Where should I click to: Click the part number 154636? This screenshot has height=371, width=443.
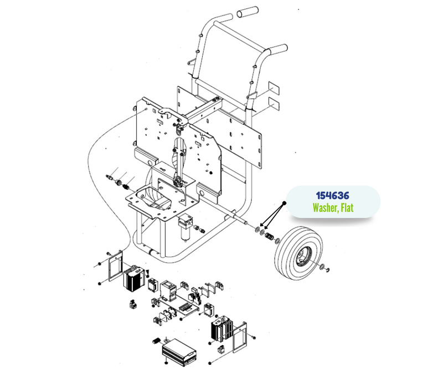[x=333, y=195]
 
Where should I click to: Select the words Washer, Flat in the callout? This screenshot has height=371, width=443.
[x=333, y=208]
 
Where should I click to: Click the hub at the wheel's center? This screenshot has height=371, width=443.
[x=303, y=256]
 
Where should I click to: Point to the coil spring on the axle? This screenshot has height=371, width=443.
[x=269, y=236]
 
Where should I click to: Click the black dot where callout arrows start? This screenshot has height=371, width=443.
[x=285, y=203]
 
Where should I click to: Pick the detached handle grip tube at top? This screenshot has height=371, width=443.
[x=248, y=12]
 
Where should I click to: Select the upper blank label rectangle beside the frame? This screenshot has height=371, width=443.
[x=274, y=88]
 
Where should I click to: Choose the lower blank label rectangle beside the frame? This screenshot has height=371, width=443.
[x=274, y=103]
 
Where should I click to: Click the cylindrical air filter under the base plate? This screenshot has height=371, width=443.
[x=185, y=228]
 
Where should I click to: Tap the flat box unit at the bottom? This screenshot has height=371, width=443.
[x=179, y=352]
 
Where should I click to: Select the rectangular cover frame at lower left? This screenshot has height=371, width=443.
[x=115, y=266]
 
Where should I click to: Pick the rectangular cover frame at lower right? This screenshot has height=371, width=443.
[x=240, y=337]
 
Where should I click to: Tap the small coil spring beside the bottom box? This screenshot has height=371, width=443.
[x=156, y=341]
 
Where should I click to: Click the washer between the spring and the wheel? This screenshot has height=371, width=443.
[x=277, y=241]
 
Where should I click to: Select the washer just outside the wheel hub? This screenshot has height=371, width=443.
[x=322, y=267]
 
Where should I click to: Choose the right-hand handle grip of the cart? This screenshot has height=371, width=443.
[x=278, y=50]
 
